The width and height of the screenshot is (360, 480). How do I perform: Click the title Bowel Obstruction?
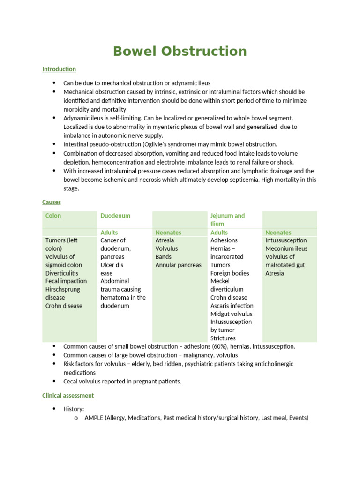[x=180, y=51]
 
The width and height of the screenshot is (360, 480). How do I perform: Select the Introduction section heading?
[x=59, y=69]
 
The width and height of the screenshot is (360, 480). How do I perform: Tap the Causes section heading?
[x=51, y=202]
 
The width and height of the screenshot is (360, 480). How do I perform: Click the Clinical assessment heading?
[x=68, y=395]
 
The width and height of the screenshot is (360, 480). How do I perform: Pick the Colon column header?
[x=53, y=216]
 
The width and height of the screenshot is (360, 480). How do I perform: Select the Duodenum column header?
[x=115, y=216]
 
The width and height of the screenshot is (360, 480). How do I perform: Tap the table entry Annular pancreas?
[x=178, y=265]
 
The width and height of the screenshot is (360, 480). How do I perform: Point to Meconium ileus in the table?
[x=286, y=248]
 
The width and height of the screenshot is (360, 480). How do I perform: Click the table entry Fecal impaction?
[x=66, y=281]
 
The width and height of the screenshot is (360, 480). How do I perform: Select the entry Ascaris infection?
[x=232, y=306]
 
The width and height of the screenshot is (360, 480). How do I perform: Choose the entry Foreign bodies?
[x=230, y=273]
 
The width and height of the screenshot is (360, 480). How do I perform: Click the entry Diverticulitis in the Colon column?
[x=62, y=273]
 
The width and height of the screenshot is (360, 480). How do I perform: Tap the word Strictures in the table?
[x=223, y=338]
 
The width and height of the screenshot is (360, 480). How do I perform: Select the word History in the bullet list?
[x=73, y=409]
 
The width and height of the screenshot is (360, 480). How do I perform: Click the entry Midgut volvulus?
[x=232, y=314]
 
